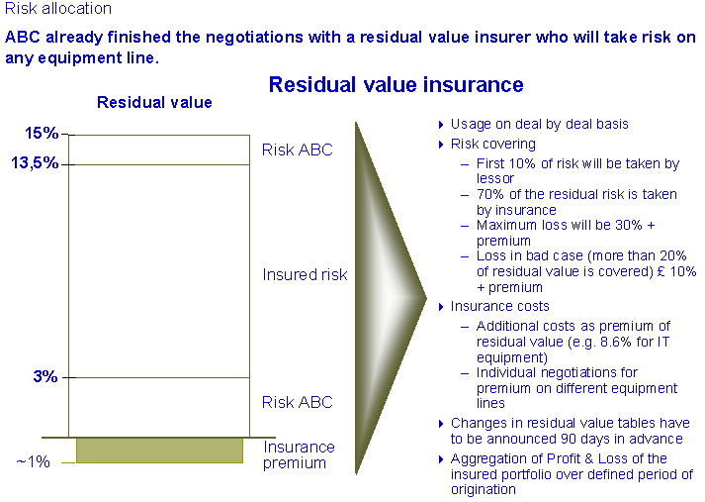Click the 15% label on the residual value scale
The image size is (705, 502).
[42, 133]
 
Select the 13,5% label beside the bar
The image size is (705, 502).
[35, 162]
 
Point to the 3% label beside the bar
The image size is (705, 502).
[45, 376]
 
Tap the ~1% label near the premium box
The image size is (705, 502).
[34, 461]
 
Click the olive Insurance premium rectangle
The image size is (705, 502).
[159, 451]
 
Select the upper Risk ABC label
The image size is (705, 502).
[298, 150]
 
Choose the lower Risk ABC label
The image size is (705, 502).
[298, 402]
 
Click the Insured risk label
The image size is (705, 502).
[305, 274]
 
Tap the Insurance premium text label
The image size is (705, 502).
[299, 454]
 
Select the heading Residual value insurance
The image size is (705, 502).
[397, 84]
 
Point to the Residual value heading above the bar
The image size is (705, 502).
[154, 102]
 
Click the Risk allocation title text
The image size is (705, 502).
[58, 9]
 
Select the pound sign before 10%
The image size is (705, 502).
[661, 271]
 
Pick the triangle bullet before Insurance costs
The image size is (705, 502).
[442, 307]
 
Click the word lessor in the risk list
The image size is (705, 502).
[495, 179]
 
